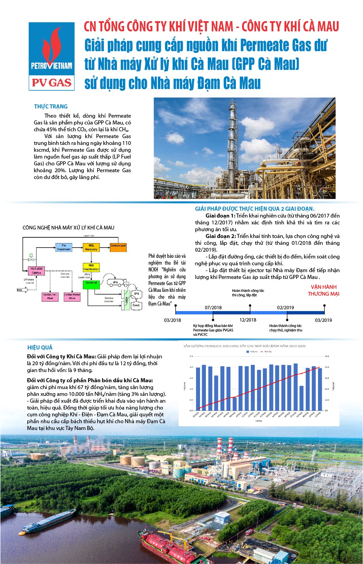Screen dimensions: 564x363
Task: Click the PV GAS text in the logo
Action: [x=51, y=83]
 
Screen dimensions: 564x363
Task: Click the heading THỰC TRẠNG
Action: [x=51, y=106]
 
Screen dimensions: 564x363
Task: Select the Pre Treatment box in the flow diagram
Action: [x=64, y=247]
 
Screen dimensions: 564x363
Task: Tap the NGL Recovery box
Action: [x=91, y=247]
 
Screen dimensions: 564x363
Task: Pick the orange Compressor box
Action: [x=118, y=247]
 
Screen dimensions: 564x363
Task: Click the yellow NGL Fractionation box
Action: [x=91, y=267]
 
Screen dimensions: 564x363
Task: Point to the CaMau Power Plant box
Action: [x=72, y=296]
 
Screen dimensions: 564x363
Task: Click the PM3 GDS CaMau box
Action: [x=36, y=271]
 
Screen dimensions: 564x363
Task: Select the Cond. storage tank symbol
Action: [x=136, y=305]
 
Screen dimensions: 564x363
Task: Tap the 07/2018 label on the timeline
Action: [x=213, y=308]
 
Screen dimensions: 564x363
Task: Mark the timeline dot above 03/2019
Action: [x=324, y=306]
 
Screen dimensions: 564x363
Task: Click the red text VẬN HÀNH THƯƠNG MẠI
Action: [x=323, y=290]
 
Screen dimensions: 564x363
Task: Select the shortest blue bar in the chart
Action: [x=235, y=404]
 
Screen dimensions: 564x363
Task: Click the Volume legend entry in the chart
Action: [x=252, y=351]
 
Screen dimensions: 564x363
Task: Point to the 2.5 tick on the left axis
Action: [x=191, y=356]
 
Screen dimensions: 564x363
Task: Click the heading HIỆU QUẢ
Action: [x=40, y=347]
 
